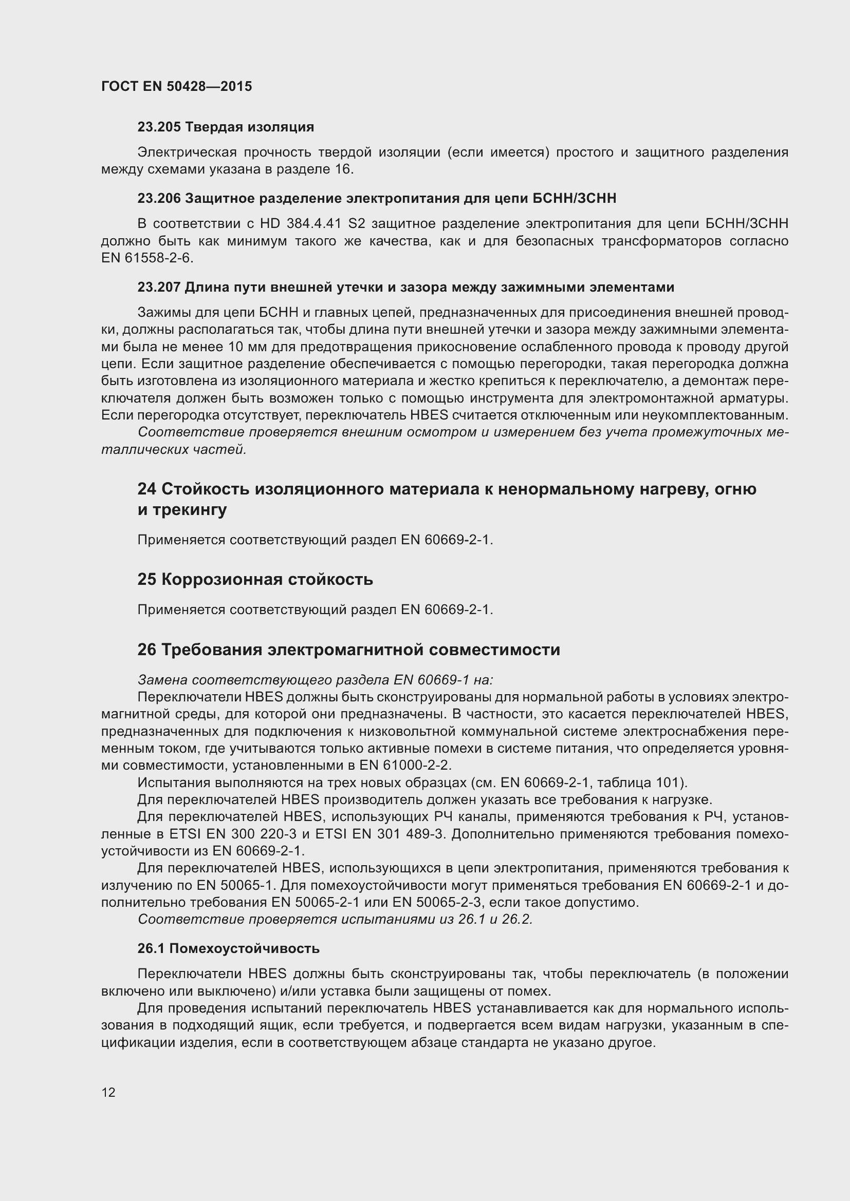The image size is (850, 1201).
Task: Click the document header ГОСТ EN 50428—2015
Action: tap(176, 86)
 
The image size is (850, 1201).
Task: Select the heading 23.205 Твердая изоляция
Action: tap(226, 127)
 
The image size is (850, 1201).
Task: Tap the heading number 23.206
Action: tap(159, 198)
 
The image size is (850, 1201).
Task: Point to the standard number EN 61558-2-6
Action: tap(147, 258)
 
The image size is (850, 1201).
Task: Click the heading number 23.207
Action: tap(159, 287)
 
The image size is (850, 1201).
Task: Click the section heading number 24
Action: tap(146, 489)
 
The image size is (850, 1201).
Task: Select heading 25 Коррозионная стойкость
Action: tap(255, 580)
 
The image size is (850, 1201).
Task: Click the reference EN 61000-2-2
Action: tap(404, 765)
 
